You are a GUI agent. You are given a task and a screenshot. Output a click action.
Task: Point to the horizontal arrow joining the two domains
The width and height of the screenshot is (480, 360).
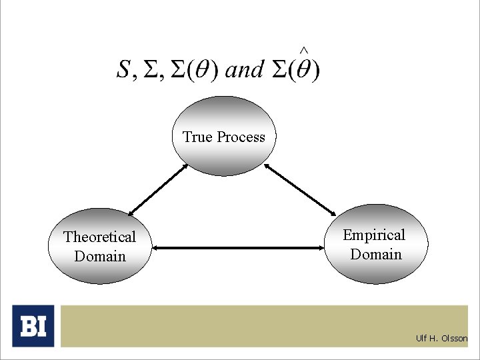pos(239,249)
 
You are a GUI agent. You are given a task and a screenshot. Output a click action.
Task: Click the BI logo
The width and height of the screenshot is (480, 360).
pos(33,326)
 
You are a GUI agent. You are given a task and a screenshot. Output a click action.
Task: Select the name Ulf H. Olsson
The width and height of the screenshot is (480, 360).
pos(441,338)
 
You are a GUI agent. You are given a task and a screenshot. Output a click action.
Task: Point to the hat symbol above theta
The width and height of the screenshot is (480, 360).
pos(303,50)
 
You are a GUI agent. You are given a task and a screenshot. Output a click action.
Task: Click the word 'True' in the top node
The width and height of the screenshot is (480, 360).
pos(197,137)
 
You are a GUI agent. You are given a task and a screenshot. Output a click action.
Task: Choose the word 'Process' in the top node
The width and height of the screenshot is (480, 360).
pos(241,137)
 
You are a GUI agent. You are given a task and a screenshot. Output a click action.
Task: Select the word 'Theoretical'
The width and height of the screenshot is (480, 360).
pos(99,237)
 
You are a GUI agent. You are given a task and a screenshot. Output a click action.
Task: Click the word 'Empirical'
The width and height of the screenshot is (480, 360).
pos(374,235)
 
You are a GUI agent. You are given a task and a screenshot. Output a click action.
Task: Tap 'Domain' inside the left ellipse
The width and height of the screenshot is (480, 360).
pos(100,256)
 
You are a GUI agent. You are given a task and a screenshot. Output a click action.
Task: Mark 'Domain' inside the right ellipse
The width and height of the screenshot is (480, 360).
pos(376,254)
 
